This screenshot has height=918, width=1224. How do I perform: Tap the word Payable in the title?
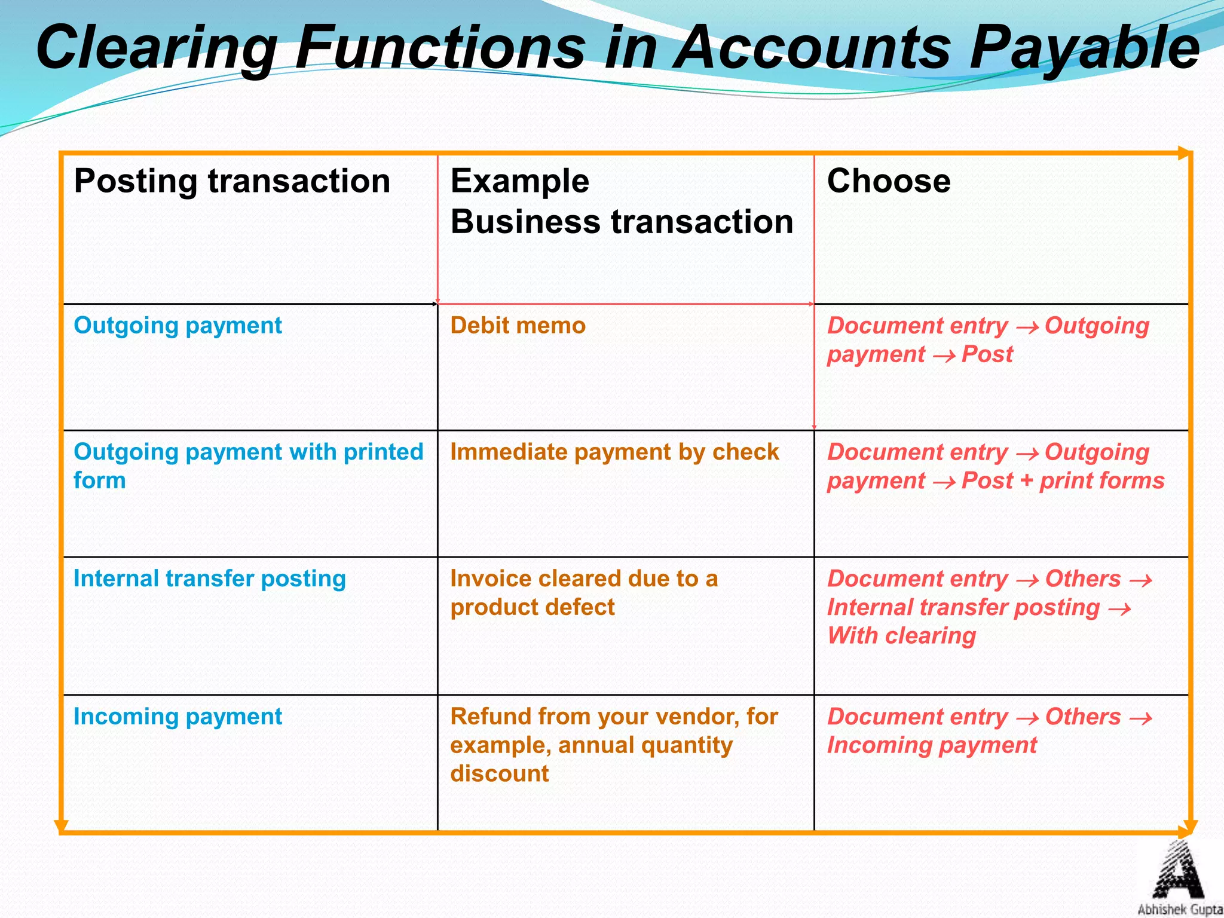click(1084, 48)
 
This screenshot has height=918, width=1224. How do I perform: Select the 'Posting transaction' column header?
click(232, 181)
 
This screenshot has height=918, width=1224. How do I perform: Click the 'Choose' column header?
click(889, 181)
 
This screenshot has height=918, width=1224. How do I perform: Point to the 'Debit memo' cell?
click(518, 326)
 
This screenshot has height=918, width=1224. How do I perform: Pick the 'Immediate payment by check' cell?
click(614, 452)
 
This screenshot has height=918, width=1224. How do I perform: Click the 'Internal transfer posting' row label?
click(210, 579)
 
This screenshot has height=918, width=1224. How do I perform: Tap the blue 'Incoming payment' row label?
click(178, 717)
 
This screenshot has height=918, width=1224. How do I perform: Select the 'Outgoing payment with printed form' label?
click(248, 466)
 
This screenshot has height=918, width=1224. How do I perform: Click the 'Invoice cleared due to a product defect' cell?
click(584, 593)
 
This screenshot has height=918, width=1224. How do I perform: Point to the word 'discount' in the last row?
click(500, 774)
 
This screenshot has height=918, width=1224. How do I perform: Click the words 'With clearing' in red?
click(901, 636)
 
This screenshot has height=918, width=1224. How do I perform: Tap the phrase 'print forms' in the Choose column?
click(1102, 481)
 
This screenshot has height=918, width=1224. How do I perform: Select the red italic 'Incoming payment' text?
click(932, 746)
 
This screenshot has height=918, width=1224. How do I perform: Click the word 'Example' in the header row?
click(520, 181)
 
